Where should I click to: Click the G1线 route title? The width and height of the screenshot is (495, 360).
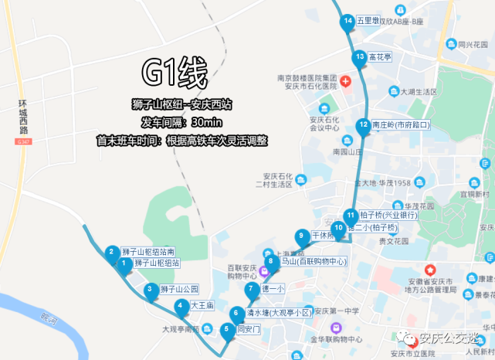tap(174, 75)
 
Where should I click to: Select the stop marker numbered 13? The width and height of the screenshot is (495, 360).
tap(359, 57)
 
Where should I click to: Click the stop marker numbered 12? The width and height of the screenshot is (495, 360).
tap(363, 125)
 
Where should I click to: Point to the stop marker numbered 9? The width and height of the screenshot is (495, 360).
tap(301, 236)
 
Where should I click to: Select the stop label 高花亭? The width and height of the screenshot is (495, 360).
tap(381, 57)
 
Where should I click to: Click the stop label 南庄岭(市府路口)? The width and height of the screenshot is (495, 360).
tap(400, 124)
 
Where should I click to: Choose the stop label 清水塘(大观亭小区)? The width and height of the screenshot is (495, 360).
tap(278, 313)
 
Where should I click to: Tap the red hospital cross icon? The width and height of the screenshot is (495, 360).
tap(345, 81)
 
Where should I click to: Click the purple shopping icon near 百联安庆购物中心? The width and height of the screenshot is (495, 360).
tap(263, 271)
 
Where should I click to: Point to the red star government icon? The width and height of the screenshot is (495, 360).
tap(430, 271)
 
